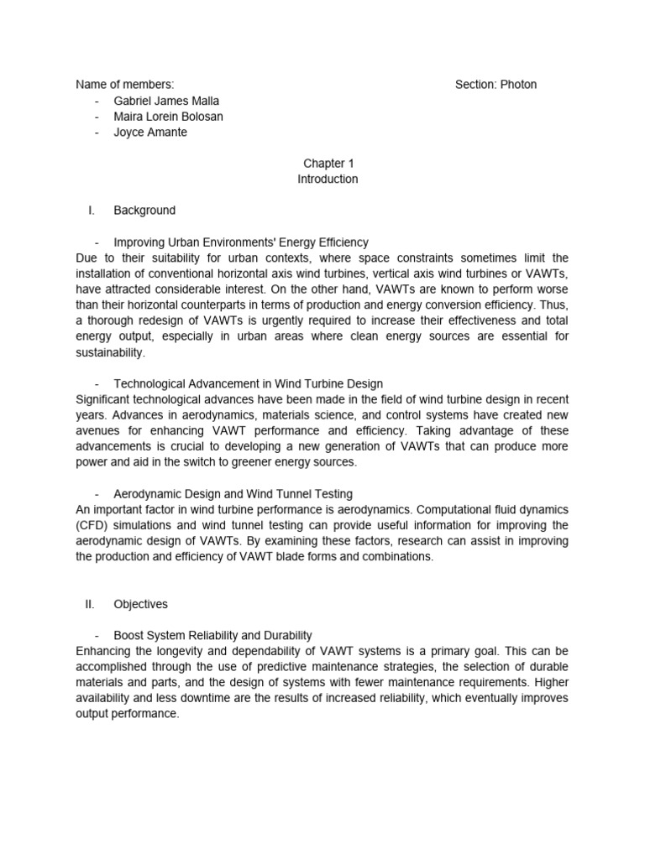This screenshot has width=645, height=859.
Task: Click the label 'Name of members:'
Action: (x=125, y=85)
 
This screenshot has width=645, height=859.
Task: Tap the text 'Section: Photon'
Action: (x=496, y=85)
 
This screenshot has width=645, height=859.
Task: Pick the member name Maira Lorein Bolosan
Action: (x=168, y=117)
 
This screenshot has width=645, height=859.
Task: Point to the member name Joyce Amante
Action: (x=151, y=133)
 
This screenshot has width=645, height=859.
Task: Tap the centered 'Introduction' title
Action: (x=328, y=180)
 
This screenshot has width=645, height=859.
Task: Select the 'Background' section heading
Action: (x=144, y=211)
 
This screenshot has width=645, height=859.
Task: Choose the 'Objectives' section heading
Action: (x=141, y=604)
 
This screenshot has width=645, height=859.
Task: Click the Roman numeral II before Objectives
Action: (x=91, y=604)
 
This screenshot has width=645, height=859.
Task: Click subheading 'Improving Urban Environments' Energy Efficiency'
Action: (x=241, y=242)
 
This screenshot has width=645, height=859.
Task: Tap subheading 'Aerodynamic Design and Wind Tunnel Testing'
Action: (x=233, y=494)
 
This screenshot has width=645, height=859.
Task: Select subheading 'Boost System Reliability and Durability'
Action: (x=212, y=636)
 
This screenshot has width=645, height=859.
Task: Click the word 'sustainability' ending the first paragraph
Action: (x=110, y=353)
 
